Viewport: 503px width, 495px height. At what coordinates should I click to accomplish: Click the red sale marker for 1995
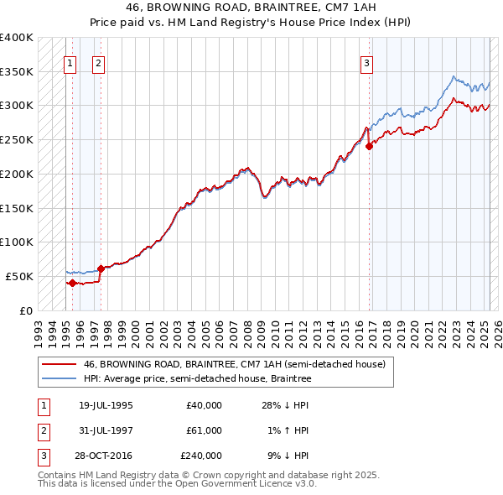coord(72,283)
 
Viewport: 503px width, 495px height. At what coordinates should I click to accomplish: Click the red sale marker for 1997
coord(101,268)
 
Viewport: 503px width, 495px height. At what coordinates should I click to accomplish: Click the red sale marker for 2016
coord(370,146)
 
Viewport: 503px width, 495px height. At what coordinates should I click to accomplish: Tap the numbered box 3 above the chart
coord(367,62)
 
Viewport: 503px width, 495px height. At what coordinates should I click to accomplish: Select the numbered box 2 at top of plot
coord(98,62)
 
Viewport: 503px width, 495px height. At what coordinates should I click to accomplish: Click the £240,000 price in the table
coord(201,456)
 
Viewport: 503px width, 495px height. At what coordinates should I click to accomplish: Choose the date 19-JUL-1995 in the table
coord(106,405)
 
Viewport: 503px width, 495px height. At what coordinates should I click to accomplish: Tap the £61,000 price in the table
coord(204,430)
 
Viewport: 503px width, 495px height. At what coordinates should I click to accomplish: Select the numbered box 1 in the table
coord(43,405)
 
